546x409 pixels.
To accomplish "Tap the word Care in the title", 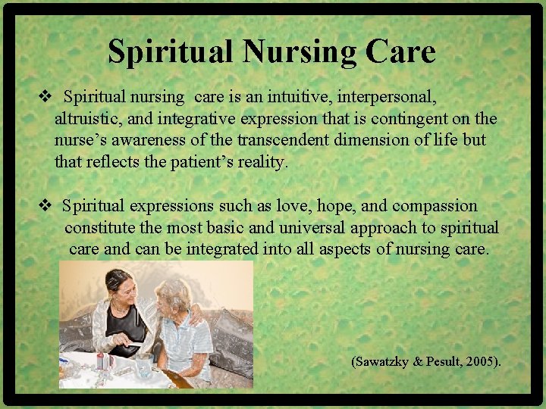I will (400, 52).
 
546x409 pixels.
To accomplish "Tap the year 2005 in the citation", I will (480, 362).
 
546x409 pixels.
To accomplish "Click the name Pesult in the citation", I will (441, 362).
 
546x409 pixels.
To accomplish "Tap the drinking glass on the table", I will (142, 368).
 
